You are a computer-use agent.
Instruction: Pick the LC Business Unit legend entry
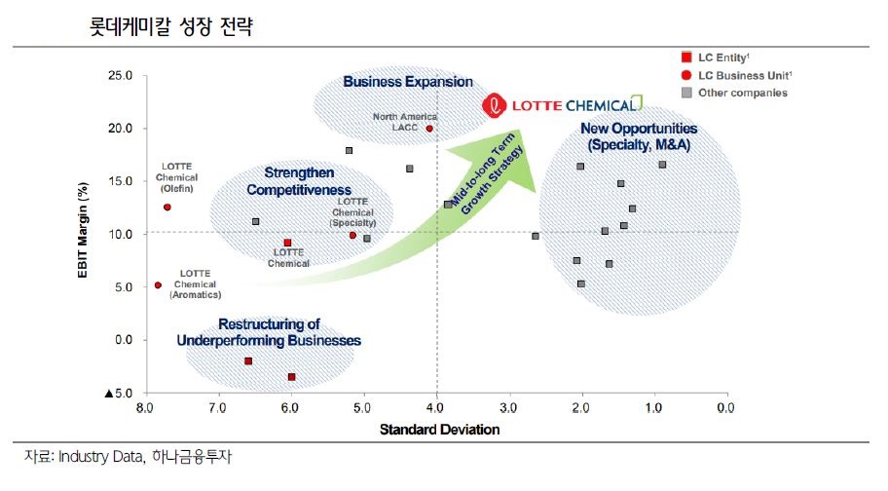[x=729, y=75]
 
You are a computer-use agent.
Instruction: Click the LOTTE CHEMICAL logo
[x=564, y=104]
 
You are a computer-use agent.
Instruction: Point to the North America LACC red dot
[x=429, y=128]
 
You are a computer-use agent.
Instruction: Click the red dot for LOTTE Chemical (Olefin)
[x=167, y=207]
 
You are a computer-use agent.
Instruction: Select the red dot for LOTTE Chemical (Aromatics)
[x=158, y=285]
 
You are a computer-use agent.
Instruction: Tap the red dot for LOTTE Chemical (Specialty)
[x=352, y=235]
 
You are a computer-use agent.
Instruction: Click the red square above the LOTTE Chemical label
[x=287, y=243]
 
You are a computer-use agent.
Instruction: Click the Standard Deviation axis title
[x=439, y=429]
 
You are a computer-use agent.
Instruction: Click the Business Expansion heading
[x=407, y=82]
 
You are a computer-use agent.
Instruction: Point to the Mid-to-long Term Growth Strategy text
[x=488, y=176]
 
